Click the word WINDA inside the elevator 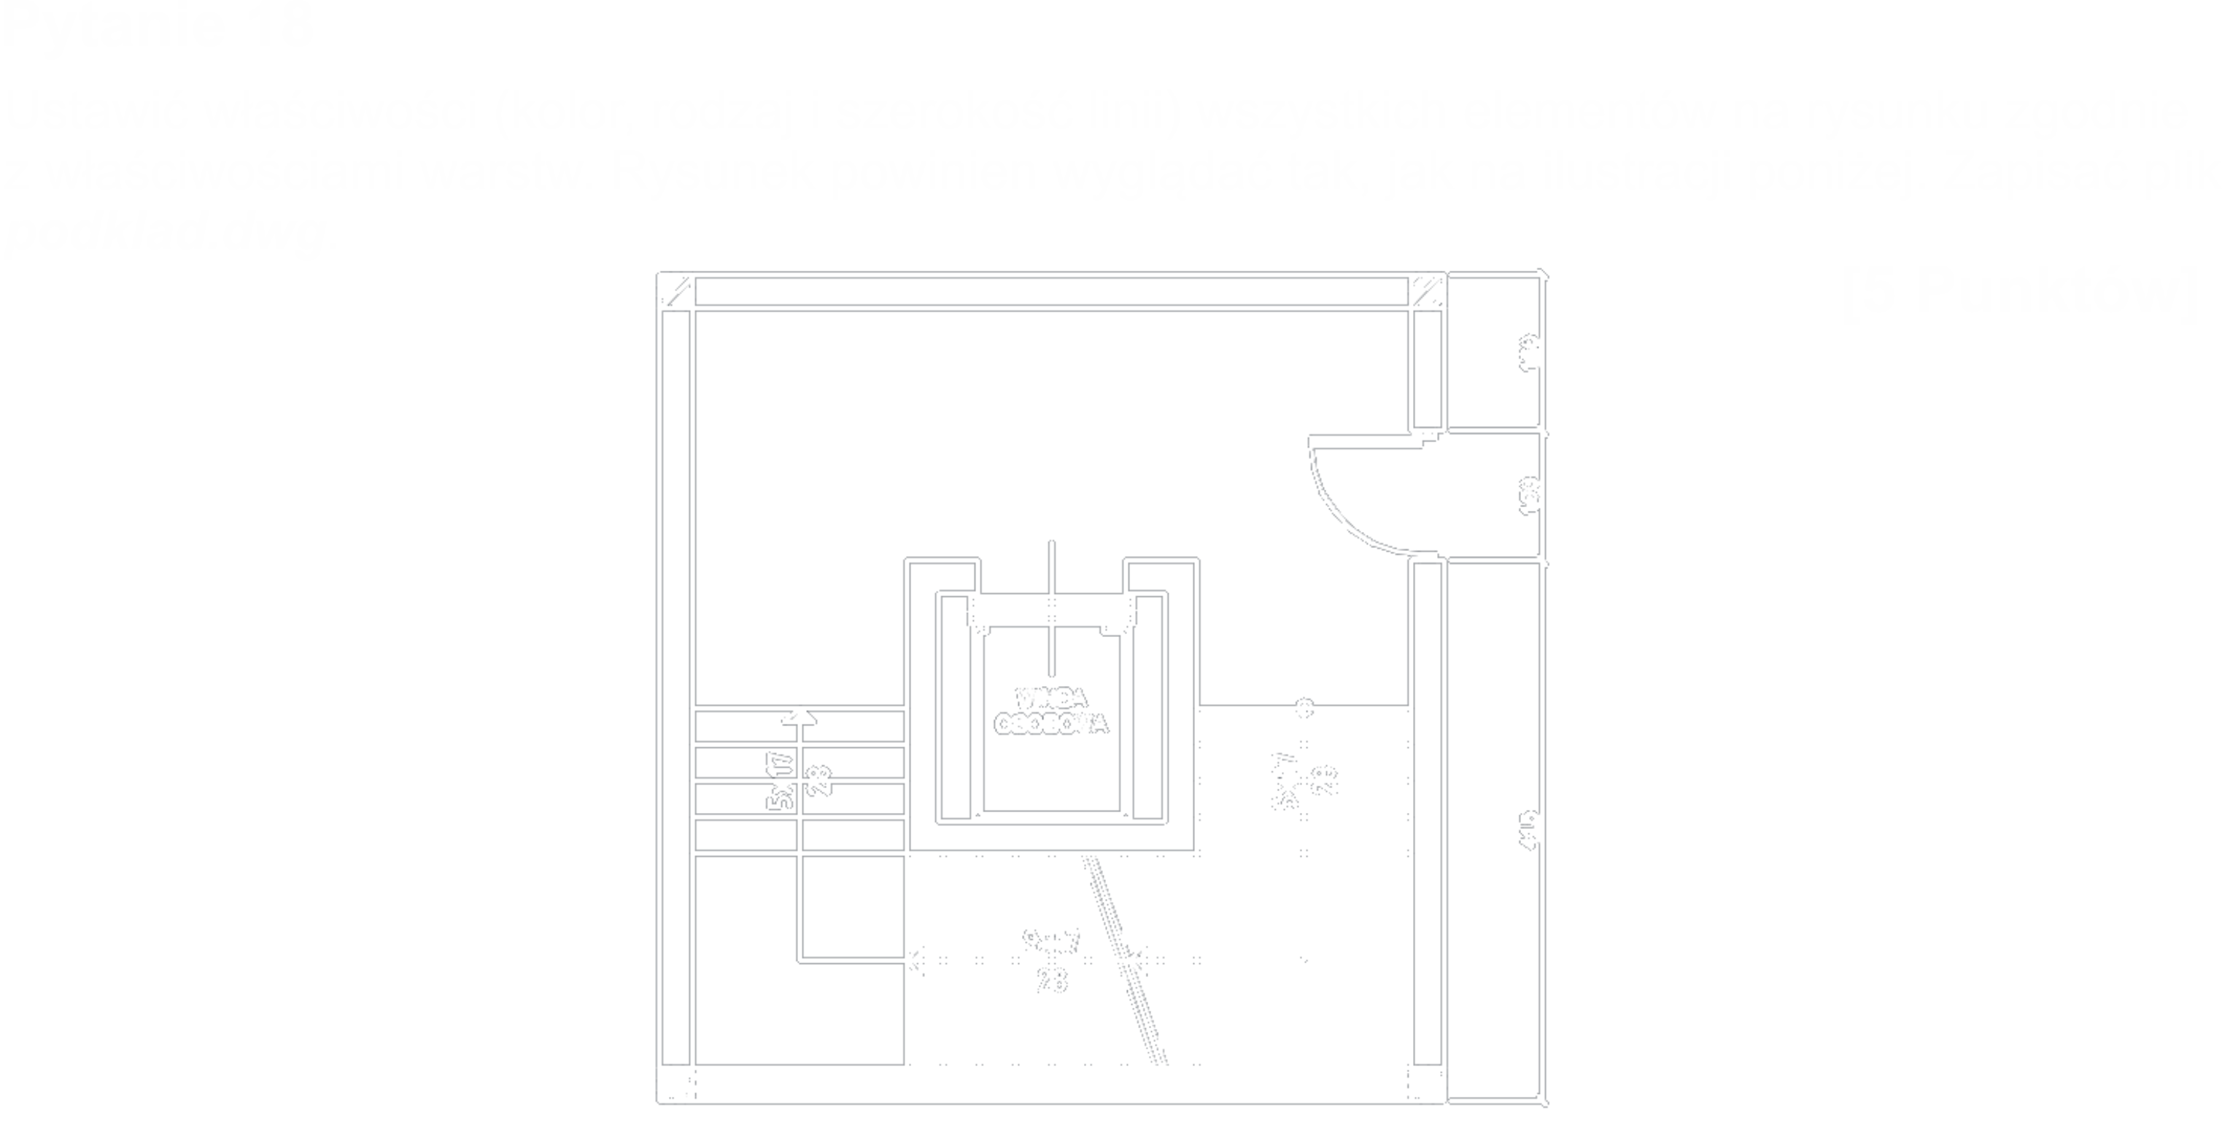(x=1050, y=697)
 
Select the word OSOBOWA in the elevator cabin (x=1050, y=725)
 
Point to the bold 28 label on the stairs (x=822, y=779)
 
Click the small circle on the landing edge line (x=1305, y=708)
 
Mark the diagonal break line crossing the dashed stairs (x=1126, y=957)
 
